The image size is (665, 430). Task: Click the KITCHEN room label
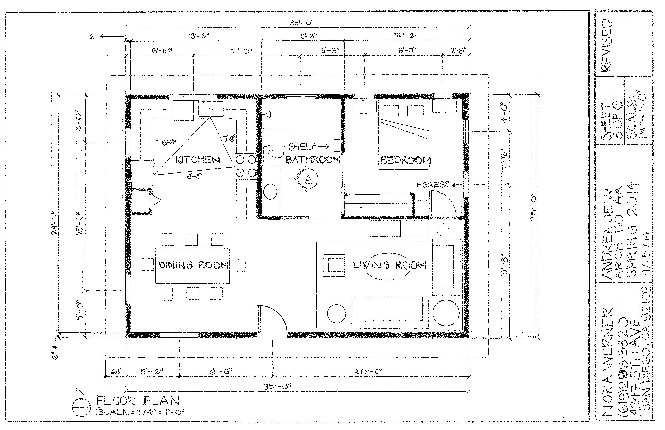(x=198, y=160)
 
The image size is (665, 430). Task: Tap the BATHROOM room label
(x=313, y=160)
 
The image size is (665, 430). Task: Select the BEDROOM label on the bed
(x=406, y=160)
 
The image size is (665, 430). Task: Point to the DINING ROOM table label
(x=193, y=265)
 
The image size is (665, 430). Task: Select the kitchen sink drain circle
(x=211, y=109)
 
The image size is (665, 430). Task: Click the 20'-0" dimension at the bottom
(x=368, y=372)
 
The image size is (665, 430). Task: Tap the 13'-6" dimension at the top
(x=198, y=36)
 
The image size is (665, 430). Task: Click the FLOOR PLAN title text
(x=138, y=401)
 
